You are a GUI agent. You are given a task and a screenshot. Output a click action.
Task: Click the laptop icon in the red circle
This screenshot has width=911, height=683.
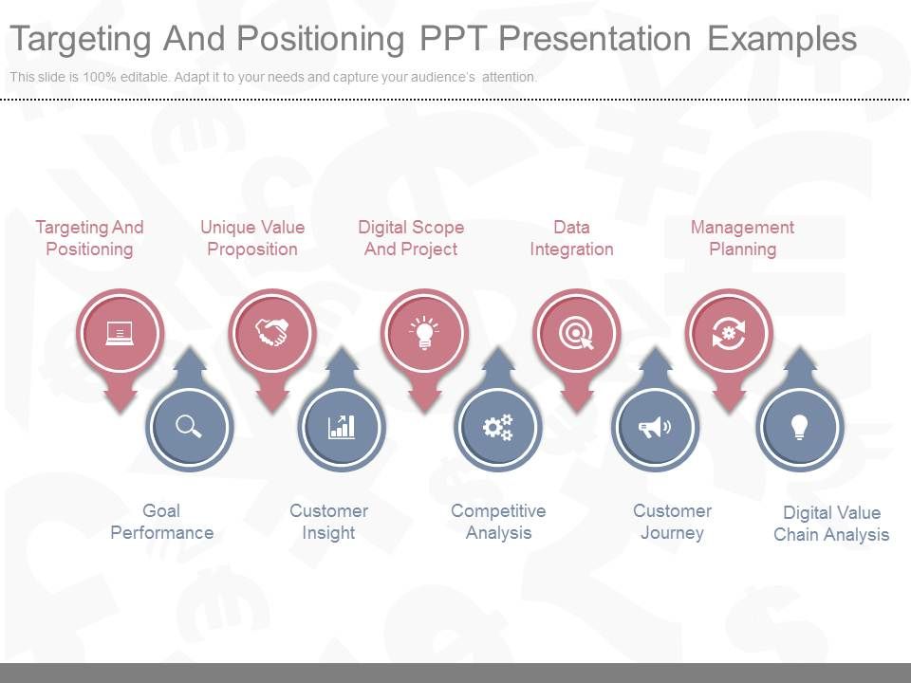pyautogui.click(x=120, y=333)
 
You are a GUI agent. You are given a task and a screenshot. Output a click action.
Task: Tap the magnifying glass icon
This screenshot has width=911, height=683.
pyautogui.click(x=189, y=427)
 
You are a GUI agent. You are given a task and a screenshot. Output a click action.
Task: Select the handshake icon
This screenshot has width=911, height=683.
pyautogui.click(x=272, y=333)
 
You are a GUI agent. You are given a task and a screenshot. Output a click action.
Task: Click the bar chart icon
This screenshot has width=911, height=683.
pyautogui.click(x=342, y=427)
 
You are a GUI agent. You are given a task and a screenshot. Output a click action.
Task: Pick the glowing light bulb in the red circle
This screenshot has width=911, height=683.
pyautogui.click(x=424, y=333)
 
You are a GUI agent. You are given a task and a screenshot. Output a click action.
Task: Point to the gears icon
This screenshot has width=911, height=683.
pyautogui.click(x=497, y=427)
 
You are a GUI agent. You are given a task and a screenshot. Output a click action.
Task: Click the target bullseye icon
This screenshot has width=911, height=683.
pyautogui.click(x=576, y=333)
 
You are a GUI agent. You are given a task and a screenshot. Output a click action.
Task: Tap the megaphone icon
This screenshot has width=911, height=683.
pyautogui.click(x=655, y=427)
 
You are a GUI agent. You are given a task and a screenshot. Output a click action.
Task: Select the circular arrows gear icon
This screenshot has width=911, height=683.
pyautogui.click(x=729, y=333)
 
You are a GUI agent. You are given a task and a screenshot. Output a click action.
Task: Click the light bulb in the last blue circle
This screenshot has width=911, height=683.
pyautogui.click(x=799, y=427)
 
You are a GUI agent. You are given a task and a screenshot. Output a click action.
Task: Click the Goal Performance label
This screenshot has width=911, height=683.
pyautogui.click(x=161, y=522)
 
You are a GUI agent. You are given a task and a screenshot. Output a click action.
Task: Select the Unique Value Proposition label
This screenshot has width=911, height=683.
pyautogui.click(x=252, y=238)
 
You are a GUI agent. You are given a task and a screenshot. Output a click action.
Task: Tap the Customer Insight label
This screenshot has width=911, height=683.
pyautogui.click(x=328, y=522)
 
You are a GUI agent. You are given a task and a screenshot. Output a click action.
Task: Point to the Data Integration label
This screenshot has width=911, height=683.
pyautogui.click(x=571, y=238)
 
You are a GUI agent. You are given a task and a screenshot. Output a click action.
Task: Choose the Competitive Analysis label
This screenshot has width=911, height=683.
pyautogui.click(x=498, y=522)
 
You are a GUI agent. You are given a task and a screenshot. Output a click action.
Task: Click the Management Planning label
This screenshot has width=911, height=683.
pyautogui.click(x=742, y=238)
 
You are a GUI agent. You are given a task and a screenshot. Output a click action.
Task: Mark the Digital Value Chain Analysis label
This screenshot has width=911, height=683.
pyautogui.click(x=831, y=524)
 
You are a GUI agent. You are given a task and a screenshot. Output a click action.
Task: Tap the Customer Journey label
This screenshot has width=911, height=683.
pyautogui.click(x=672, y=522)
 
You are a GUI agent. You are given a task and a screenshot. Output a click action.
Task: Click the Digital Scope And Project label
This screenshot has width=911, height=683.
pyautogui.click(x=411, y=238)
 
